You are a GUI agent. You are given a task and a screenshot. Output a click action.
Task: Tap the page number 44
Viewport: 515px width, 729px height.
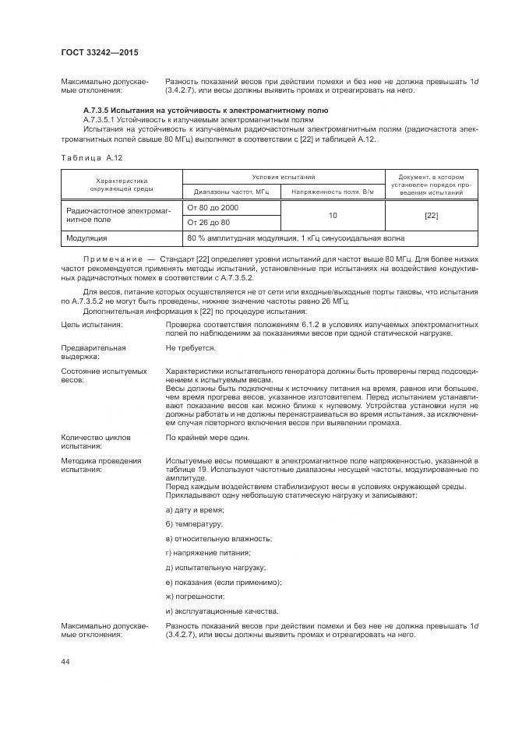click(65, 661)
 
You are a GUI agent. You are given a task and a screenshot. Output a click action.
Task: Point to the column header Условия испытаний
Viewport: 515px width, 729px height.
click(283, 178)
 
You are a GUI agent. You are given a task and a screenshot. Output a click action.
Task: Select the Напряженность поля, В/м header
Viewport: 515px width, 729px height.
click(333, 192)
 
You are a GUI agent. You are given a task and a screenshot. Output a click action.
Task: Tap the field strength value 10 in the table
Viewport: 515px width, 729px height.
click(333, 215)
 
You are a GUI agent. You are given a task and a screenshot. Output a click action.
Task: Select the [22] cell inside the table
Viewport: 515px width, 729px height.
click(431, 215)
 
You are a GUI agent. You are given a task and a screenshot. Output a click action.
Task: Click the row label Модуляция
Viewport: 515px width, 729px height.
click(86, 238)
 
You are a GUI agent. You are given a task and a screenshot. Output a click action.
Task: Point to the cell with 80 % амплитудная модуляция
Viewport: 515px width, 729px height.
click(295, 238)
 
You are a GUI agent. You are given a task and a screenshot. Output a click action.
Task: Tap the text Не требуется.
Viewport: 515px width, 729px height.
click(190, 348)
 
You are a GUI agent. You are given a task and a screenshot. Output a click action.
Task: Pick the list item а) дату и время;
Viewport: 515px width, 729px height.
click(195, 509)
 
